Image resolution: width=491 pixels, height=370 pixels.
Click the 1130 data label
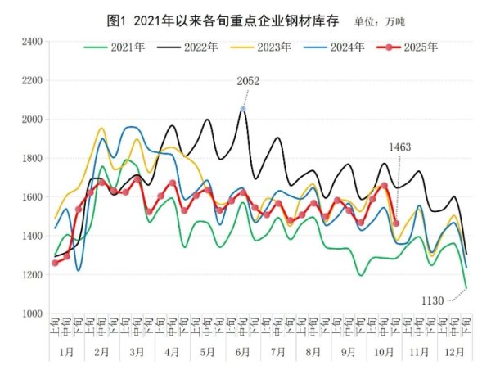(431, 300)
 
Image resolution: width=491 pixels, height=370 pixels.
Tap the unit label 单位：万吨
(378, 19)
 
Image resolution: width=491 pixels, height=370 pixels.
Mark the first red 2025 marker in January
(55, 263)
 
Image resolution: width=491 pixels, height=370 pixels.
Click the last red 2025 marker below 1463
(396, 223)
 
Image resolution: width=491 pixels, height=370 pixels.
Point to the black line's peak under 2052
(243, 109)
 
